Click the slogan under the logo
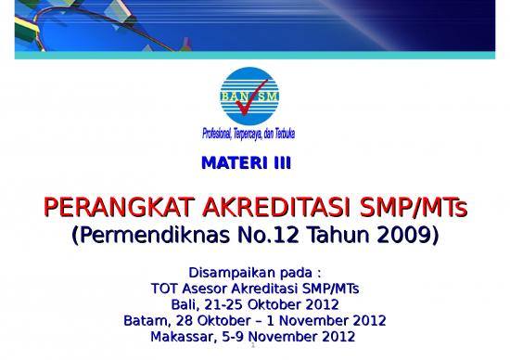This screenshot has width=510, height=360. pyautogui.click(x=249, y=135)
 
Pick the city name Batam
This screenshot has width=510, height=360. pyautogui.click(x=144, y=320)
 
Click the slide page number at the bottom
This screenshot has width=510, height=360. pyautogui.click(x=253, y=353)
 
